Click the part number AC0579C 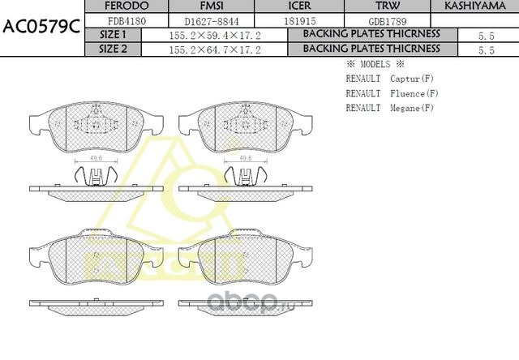click(41, 26)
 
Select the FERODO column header click(126, 6)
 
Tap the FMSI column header click(210, 6)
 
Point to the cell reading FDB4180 click(126, 19)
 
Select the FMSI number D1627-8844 click(210, 19)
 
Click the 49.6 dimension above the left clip click(96, 159)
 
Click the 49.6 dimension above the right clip click(243, 159)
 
